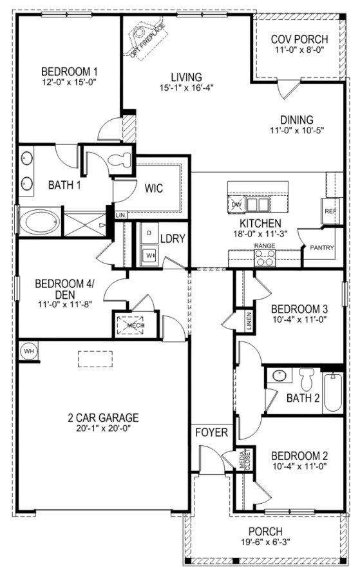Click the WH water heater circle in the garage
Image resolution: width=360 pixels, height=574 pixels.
coord(28,351)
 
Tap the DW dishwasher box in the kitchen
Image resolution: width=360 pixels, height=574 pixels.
coord(236,204)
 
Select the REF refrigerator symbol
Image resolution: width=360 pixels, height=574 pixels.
coord(330,211)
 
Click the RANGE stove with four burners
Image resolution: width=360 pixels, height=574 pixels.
coord(264,258)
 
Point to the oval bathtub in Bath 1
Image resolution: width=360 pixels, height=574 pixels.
coord(39,222)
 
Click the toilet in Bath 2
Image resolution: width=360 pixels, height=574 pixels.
coord(307,379)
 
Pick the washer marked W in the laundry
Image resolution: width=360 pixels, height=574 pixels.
coord(149,254)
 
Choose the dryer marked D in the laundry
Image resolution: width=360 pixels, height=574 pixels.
coord(149,233)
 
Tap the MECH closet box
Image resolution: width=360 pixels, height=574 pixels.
coord(130,325)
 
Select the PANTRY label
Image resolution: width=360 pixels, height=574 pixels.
coord(322,247)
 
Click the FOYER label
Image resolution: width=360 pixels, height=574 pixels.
coord(211,432)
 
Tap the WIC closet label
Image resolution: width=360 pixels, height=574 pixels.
coord(154,189)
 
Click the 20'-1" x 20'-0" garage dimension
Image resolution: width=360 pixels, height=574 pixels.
coord(104,428)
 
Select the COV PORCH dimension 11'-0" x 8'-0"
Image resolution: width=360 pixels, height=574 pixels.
coord(299,50)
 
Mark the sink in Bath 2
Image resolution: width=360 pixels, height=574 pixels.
coord(279,375)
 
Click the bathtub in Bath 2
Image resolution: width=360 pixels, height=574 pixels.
coord(333,392)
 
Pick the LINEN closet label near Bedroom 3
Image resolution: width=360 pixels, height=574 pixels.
coord(249,321)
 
